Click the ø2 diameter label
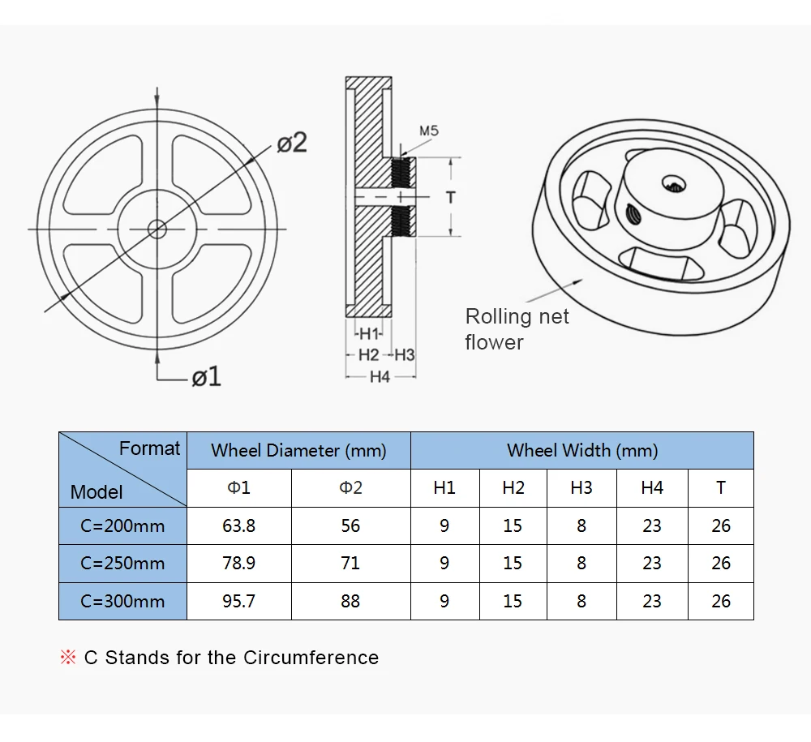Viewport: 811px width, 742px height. pos(292,143)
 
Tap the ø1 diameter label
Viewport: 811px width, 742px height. pos(206,376)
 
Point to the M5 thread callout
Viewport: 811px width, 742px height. pos(429,130)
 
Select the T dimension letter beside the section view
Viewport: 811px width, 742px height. pos(451,197)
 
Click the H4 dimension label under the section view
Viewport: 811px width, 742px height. pos(380,376)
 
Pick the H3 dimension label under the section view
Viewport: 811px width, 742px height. pos(405,354)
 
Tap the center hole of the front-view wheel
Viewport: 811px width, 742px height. pos(157,229)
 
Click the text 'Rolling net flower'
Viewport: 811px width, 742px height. pos(517,328)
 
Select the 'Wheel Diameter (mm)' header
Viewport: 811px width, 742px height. pos(298,450)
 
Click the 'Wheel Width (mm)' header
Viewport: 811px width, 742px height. pos(581,450)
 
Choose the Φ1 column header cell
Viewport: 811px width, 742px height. pos(238,488)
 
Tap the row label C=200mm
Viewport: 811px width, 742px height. pos(122,525)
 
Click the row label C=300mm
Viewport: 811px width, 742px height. pos(122,601)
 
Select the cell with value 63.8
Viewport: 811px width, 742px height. pos(238,525)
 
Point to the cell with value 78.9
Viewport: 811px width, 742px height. pos(238,564)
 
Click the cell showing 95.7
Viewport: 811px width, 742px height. pos(238,601)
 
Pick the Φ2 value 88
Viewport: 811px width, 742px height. pos(350,601)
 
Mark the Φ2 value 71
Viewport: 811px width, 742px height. pos(350,564)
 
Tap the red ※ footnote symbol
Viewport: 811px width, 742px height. pos(68,658)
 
